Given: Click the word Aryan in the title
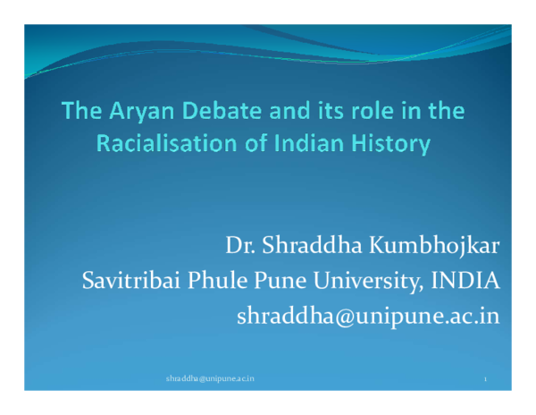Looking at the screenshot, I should (x=130, y=113).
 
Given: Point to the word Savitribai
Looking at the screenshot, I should (x=130, y=281).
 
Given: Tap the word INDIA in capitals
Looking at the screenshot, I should (x=465, y=281).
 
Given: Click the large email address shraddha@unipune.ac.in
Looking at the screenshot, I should (x=367, y=316).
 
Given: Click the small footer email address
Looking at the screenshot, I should (x=210, y=379).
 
